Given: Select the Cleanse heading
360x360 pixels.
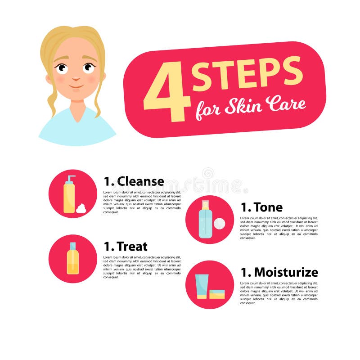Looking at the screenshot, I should (x=134, y=181).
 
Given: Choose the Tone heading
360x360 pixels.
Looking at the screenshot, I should (x=262, y=207).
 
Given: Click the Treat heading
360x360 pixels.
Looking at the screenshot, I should (x=126, y=247).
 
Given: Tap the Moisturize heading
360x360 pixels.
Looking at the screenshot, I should (x=279, y=272).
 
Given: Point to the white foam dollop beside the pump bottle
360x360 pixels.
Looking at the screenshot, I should (x=81, y=208).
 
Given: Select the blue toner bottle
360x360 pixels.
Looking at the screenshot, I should (x=205, y=221).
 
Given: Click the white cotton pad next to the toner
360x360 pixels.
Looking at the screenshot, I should (x=219, y=224).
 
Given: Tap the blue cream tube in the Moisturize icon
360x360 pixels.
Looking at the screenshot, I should (x=201, y=286).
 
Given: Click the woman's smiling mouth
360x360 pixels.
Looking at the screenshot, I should (x=76, y=86).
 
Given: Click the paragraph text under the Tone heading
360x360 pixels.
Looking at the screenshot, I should (x=279, y=228).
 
